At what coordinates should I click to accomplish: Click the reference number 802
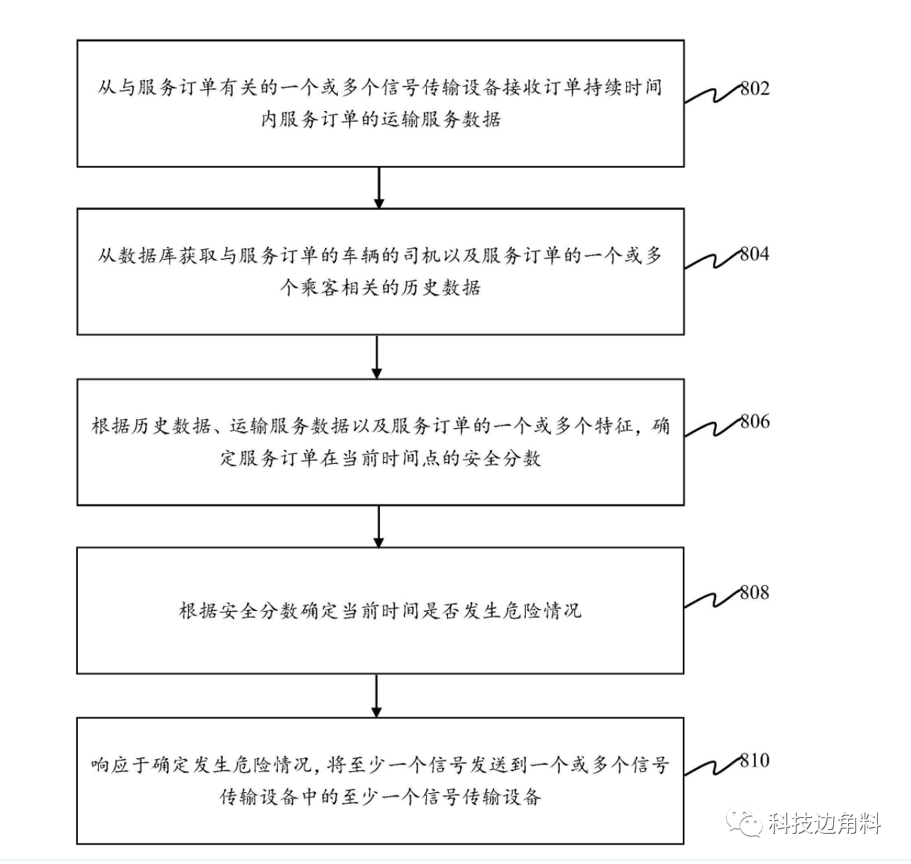click(x=755, y=89)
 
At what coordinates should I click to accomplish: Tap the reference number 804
click(x=755, y=255)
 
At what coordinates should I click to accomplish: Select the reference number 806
click(x=755, y=422)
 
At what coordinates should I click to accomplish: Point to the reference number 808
click(x=755, y=593)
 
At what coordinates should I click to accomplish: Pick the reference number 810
click(x=755, y=761)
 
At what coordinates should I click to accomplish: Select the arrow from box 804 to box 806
click(x=377, y=356)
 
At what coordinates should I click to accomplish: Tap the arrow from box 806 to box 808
click(x=378, y=526)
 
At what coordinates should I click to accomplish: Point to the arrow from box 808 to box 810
click(x=377, y=695)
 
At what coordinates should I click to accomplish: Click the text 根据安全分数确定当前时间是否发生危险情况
click(x=380, y=610)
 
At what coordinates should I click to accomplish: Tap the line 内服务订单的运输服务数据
click(x=381, y=119)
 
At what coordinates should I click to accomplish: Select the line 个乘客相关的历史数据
click(x=380, y=287)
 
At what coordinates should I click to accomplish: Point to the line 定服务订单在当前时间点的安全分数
click(x=380, y=458)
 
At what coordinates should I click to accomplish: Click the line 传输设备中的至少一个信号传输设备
click(x=380, y=796)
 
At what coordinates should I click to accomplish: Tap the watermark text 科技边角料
click(x=826, y=822)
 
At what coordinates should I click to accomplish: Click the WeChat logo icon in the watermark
click(x=744, y=822)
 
